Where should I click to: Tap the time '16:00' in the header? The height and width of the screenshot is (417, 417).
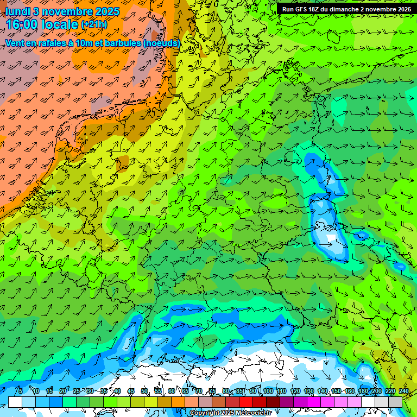click(x=24, y=24)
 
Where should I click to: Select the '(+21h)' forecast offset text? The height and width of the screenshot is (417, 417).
click(x=94, y=24)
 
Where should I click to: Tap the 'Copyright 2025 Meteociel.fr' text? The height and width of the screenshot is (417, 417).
click(x=230, y=413)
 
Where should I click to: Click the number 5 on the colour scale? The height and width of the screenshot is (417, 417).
click(x=21, y=391)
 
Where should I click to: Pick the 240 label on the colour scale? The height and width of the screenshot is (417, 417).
click(x=405, y=391)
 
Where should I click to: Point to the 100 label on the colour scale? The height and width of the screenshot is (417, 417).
click(x=268, y=391)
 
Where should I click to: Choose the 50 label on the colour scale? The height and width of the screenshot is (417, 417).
click(x=144, y=391)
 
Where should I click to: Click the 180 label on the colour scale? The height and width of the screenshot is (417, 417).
click(x=363, y=391)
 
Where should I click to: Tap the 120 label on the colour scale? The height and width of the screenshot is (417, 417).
click(x=295, y=391)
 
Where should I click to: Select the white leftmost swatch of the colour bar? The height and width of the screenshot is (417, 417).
click(x=15, y=402)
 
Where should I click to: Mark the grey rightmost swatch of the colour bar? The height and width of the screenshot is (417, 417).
click(x=396, y=402)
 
